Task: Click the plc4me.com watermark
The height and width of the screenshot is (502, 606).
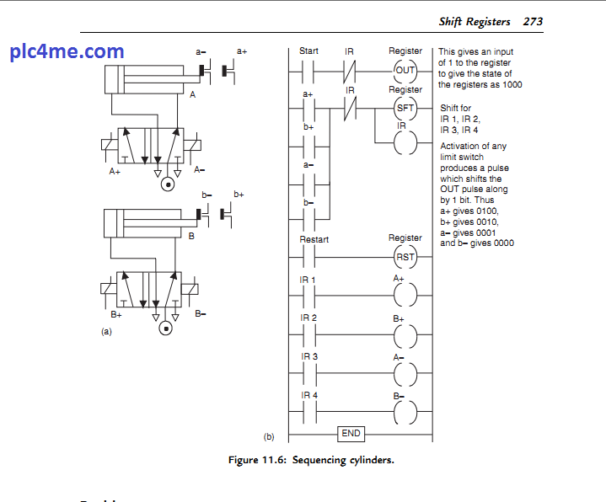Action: [x=67, y=51]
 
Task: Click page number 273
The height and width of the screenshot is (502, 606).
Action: [x=533, y=21]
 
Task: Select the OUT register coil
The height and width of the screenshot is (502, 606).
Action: [x=405, y=70]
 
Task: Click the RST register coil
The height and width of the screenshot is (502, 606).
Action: [x=405, y=257]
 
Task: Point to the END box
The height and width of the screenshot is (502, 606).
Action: [x=351, y=434]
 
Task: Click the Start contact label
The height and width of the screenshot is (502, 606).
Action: [x=308, y=51]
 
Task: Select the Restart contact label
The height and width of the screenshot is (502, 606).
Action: [x=314, y=239]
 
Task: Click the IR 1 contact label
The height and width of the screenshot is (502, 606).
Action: [x=308, y=279]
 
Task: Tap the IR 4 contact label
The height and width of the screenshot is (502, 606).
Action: [x=308, y=395]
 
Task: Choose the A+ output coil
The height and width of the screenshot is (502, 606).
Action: [x=405, y=295]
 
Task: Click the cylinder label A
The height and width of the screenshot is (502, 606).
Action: [x=192, y=95]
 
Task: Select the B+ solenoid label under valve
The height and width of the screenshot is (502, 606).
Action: [x=115, y=314]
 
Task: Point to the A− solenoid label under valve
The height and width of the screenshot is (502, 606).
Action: [x=200, y=170]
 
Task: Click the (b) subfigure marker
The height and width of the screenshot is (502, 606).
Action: [x=269, y=436]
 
